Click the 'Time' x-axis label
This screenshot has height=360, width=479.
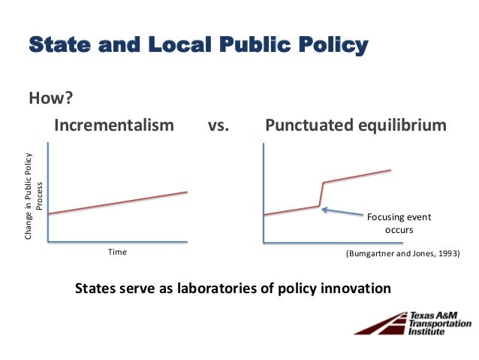[117, 253]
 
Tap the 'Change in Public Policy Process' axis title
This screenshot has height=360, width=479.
[34, 197]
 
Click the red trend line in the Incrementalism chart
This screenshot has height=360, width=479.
[117, 204]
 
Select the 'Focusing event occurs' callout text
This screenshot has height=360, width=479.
[399, 223]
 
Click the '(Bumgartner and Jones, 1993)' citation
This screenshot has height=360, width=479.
[402, 253]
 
